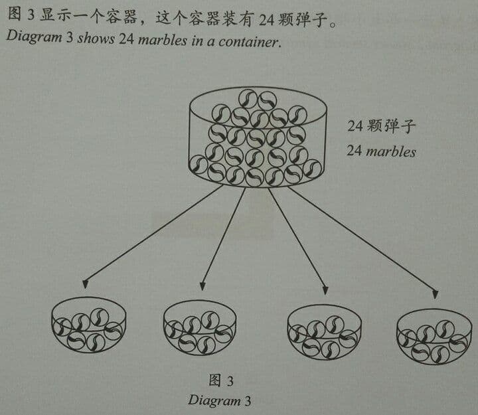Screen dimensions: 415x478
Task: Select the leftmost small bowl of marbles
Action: click(88, 325)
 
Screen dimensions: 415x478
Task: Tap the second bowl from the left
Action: click(200, 327)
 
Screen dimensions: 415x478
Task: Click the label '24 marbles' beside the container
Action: click(381, 151)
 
